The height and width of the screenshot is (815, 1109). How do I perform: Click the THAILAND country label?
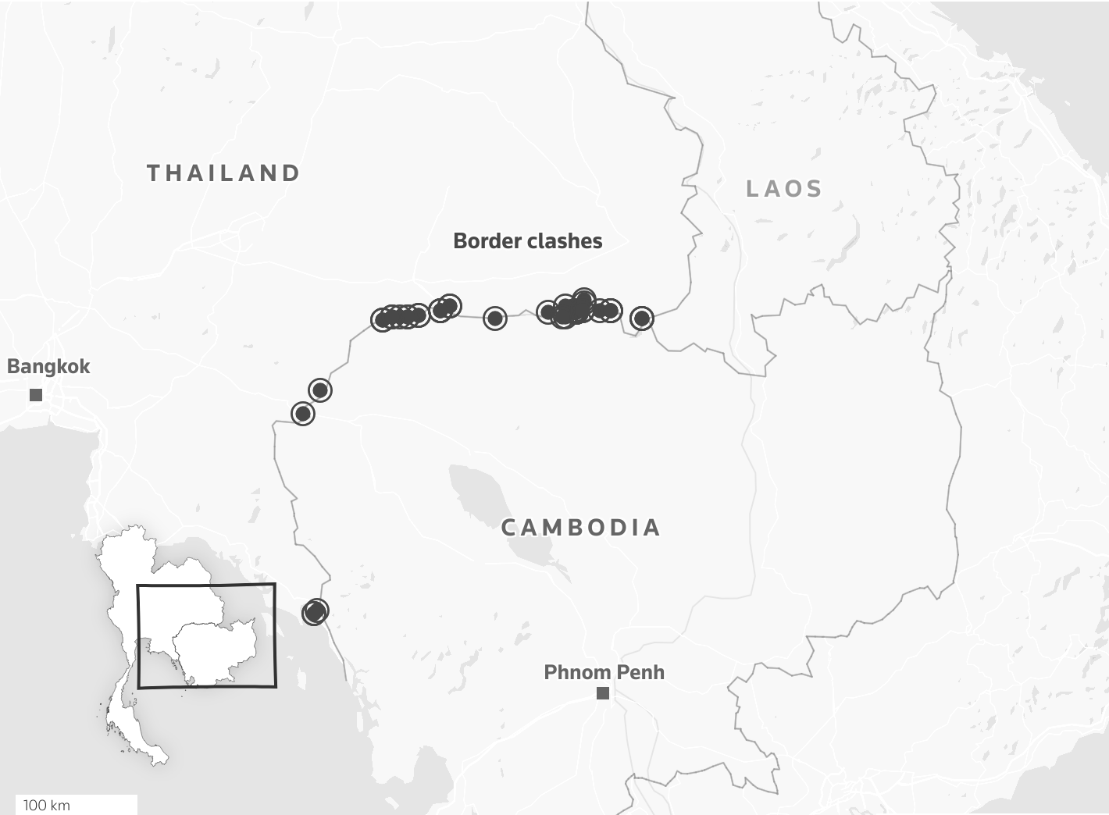click(x=223, y=173)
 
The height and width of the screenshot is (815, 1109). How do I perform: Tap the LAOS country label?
click(x=784, y=189)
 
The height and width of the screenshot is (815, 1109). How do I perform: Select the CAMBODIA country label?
click(x=581, y=528)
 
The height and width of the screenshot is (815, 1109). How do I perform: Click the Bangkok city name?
click(x=48, y=366)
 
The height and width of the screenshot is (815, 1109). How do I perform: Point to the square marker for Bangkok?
click(x=36, y=395)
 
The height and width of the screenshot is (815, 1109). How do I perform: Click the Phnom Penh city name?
click(x=604, y=672)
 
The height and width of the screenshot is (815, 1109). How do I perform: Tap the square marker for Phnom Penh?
click(x=603, y=693)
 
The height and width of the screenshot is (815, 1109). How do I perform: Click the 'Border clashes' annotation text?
click(x=528, y=241)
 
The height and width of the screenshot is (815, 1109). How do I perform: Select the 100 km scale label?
click(x=47, y=805)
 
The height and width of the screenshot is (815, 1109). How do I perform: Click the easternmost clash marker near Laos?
click(x=642, y=318)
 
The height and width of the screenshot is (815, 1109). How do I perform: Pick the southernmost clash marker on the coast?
click(x=315, y=612)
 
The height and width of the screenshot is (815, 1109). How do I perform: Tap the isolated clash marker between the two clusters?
click(x=495, y=318)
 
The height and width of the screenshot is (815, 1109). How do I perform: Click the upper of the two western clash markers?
click(x=320, y=390)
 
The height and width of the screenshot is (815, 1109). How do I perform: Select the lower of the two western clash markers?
click(x=303, y=413)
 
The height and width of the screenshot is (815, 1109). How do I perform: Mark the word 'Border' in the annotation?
click(x=484, y=241)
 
